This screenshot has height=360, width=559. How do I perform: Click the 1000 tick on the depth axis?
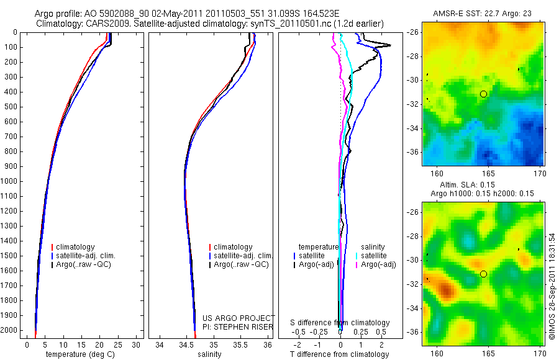click(x=11, y=181)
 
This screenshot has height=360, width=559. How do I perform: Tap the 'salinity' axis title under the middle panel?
click(x=211, y=354)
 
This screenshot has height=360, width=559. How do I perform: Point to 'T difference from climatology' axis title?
click(x=339, y=354)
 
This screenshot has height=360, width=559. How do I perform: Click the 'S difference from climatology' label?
click(x=340, y=323)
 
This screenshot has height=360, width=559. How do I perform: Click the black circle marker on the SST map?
click(x=483, y=94)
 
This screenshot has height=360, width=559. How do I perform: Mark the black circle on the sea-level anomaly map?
click(x=483, y=274)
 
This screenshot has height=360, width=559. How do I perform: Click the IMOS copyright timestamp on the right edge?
click(x=552, y=286)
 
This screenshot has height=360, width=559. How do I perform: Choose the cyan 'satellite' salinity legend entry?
click(x=373, y=256)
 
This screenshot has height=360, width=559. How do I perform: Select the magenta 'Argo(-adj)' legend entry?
click(x=378, y=264)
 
